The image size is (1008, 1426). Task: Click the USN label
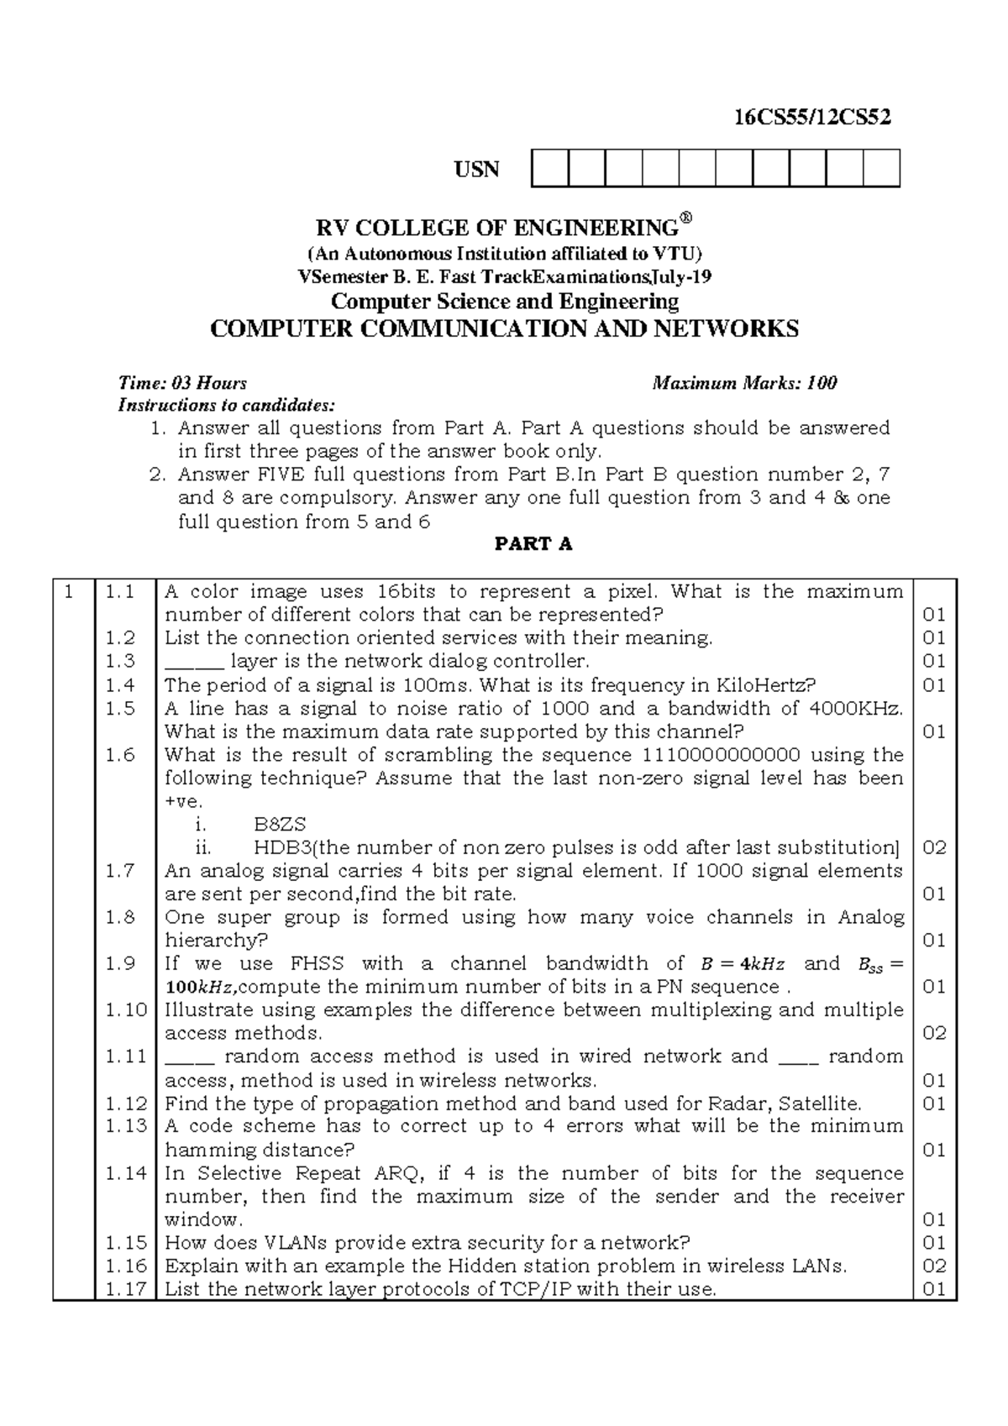[x=476, y=170]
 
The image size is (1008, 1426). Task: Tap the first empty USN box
[x=549, y=168]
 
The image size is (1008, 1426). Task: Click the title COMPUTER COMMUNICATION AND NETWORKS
[x=504, y=328]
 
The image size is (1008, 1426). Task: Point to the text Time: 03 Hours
[x=182, y=384]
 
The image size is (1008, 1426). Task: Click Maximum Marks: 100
[x=744, y=384]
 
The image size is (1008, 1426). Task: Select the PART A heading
[x=533, y=544]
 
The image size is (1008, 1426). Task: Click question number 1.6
[x=120, y=755]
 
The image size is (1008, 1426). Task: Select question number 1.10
[x=126, y=1009]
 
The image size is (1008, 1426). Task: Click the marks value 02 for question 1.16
[x=934, y=1266]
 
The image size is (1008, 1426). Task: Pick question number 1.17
[x=126, y=1289]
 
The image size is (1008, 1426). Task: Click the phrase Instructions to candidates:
[x=226, y=406]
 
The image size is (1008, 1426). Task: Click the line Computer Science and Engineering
[x=504, y=301]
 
